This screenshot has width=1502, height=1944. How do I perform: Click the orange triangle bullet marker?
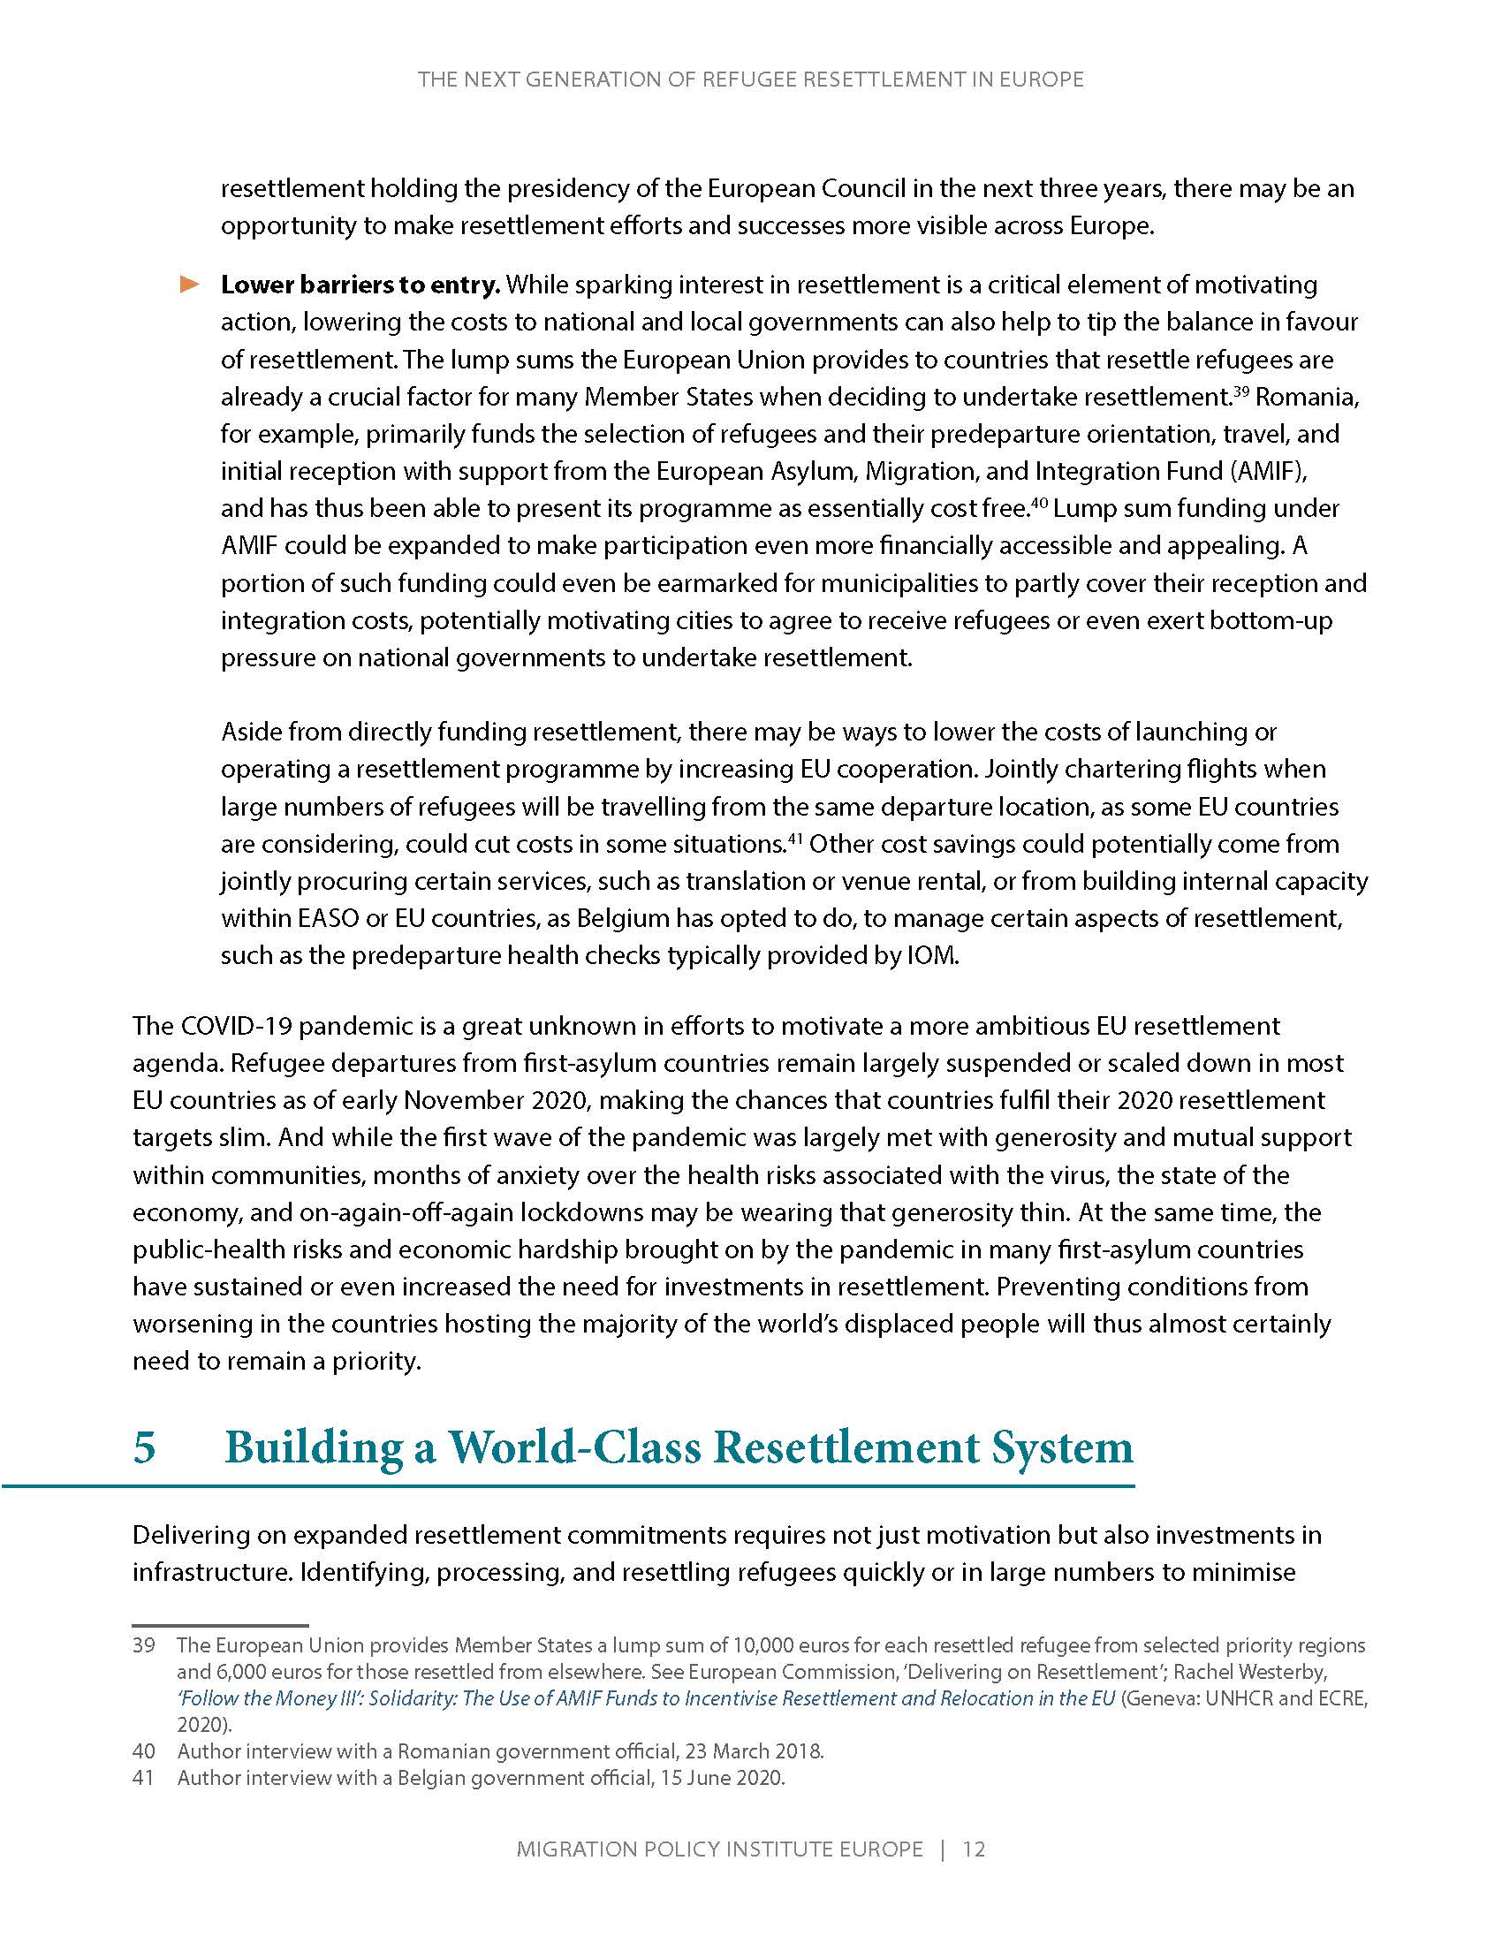(x=191, y=285)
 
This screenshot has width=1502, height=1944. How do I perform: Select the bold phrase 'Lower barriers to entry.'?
(x=360, y=285)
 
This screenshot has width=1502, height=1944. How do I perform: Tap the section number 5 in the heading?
(x=144, y=1447)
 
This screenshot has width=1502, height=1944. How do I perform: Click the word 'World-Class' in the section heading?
(x=573, y=1447)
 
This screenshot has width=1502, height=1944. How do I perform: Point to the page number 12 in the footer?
(x=974, y=1849)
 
